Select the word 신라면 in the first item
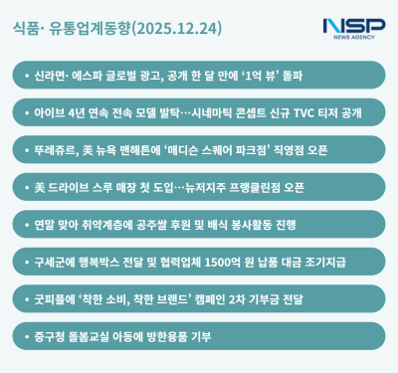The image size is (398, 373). pyautogui.click(x=48, y=75)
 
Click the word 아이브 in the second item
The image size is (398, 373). pyautogui.click(x=49, y=112)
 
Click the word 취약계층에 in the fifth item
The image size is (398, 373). pyautogui.click(x=112, y=225)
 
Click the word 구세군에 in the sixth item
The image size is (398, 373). pyautogui.click(x=54, y=262)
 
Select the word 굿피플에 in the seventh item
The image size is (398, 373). pyautogui.click(x=54, y=298)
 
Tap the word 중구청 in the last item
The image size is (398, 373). pyautogui.click(x=48, y=336)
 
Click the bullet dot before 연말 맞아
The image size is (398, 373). pyautogui.click(x=24, y=225)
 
